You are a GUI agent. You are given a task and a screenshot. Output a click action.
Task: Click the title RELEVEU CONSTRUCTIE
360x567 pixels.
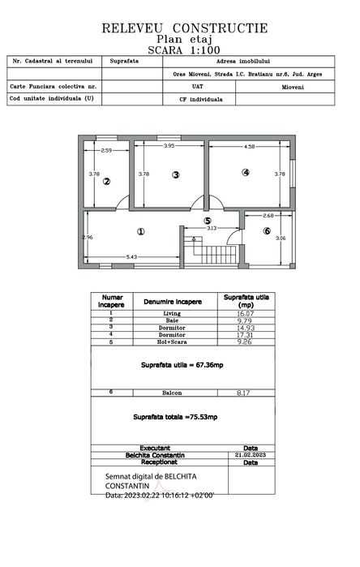[x=185, y=28]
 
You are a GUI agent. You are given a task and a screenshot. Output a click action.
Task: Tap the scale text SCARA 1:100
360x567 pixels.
[x=184, y=49]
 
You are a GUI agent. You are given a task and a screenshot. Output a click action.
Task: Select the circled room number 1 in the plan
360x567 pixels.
[x=141, y=231]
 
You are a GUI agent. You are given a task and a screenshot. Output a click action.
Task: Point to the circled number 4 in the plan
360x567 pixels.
[x=245, y=172]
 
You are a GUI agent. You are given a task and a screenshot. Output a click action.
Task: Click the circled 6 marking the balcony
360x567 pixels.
[x=266, y=231]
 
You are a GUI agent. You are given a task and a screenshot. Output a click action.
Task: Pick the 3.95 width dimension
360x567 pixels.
[x=169, y=146]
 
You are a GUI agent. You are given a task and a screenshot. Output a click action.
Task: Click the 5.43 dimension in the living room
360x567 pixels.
[x=131, y=257]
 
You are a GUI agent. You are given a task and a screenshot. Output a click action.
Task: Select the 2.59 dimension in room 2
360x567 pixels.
[x=106, y=151]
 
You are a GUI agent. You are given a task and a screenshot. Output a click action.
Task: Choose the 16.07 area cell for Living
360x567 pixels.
[x=245, y=312]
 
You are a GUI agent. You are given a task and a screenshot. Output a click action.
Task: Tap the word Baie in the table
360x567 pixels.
[x=171, y=320]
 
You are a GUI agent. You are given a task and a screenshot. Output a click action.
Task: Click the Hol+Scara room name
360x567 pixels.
[x=171, y=341]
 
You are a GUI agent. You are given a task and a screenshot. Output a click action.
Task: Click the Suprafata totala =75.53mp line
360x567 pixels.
[x=175, y=416]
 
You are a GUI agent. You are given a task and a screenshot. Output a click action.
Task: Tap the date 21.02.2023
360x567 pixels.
[x=251, y=455]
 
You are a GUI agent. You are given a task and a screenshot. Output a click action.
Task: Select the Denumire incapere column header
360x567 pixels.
[x=171, y=301]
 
